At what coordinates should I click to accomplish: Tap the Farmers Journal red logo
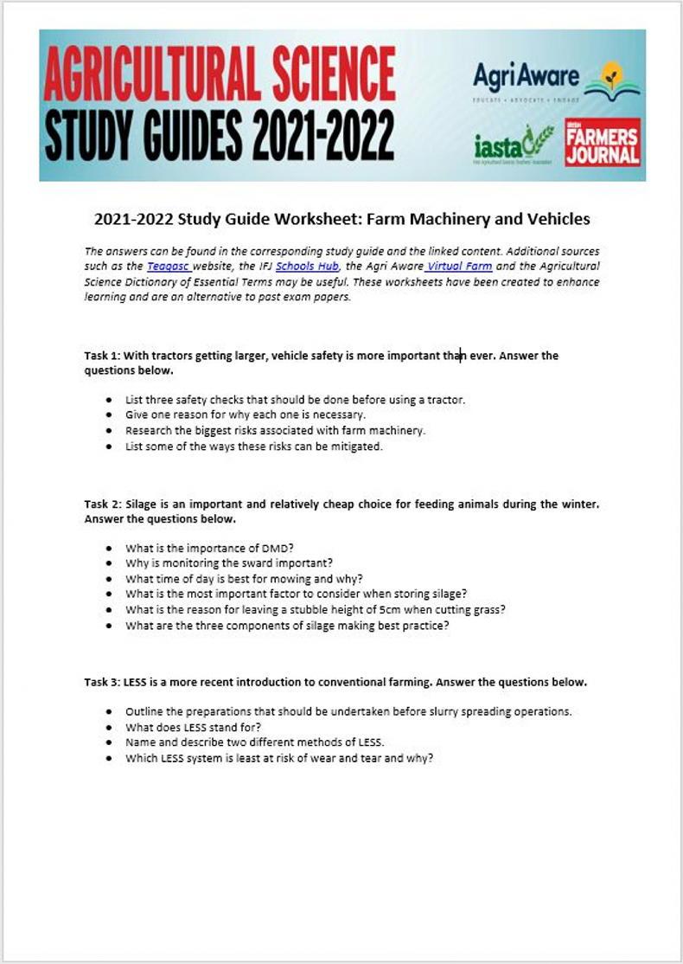(603, 143)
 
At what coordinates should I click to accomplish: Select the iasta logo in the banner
(514, 144)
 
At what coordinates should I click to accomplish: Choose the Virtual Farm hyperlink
(458, 267)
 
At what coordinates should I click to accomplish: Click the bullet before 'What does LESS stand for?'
(108, 728)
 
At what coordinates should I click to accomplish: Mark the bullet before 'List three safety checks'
(108, 400)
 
